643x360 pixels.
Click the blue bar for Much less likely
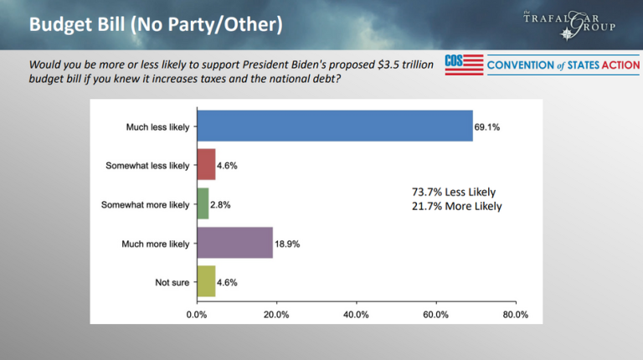(x=334, y=126)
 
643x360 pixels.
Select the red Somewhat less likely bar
(x=206, y=165)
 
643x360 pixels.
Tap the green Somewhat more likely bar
(x=203, y=203)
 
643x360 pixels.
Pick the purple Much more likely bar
(x=234, y=243)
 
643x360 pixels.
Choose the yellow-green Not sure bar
(x=206, y=282)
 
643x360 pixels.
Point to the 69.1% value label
(x=490, y=126)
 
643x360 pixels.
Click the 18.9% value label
(x=289, y=244)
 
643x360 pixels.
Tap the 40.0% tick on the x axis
(x=356, y=315)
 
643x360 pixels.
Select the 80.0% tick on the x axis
(x=516, y=315)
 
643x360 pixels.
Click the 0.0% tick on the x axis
(x=197, y=315)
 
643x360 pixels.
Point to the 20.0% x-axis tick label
(x=276, y=315)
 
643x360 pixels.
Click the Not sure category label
(x=172, y=282)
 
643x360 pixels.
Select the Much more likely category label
(x=157, y=244)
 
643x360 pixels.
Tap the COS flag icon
(x=464, y=65)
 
